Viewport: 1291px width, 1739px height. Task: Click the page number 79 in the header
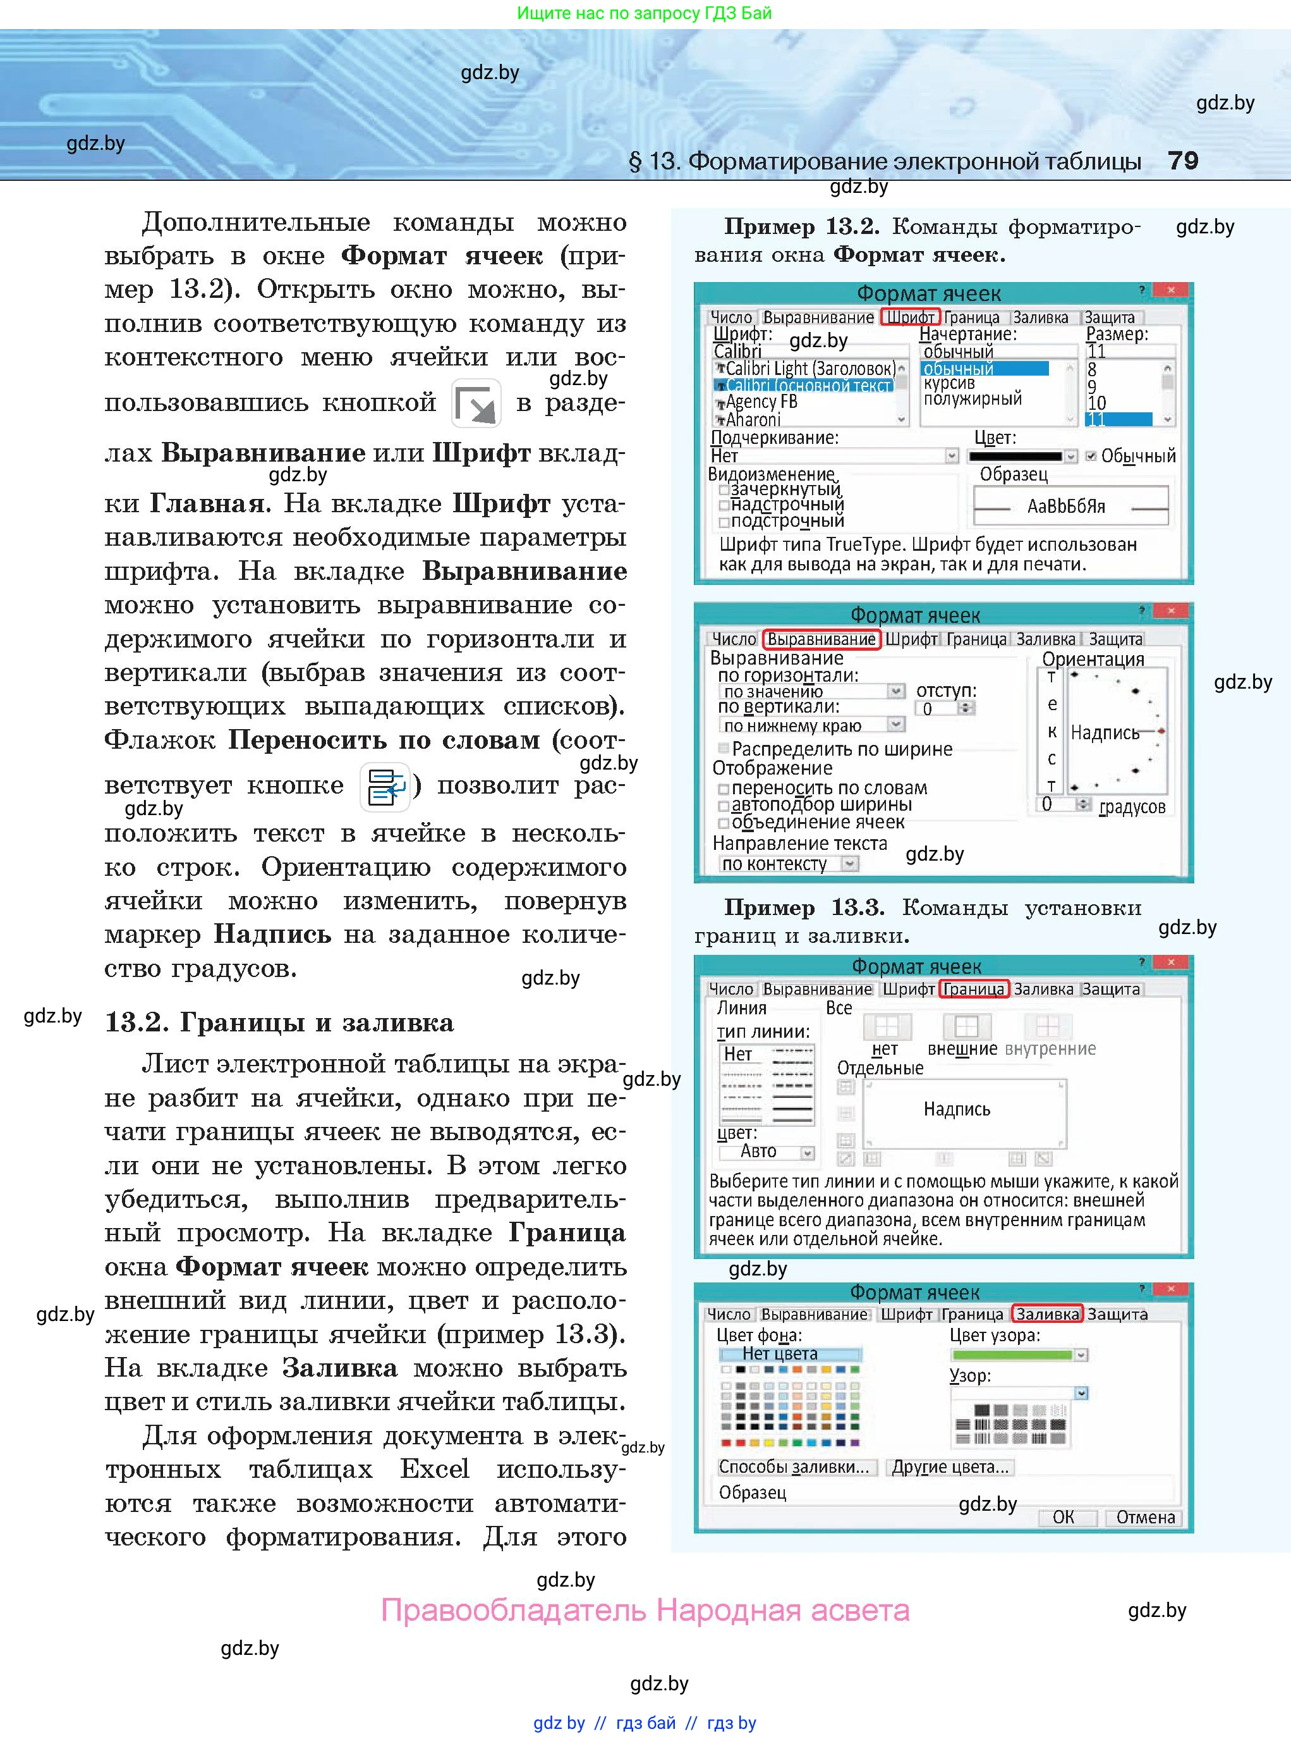[1182, 161]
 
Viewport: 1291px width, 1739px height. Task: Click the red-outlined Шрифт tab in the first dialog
[909, 317]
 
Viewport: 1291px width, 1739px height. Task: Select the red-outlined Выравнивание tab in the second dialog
[821, 639]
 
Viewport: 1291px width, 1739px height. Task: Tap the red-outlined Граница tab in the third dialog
[973, 989]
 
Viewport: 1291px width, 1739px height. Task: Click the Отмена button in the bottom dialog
[1145, 1517]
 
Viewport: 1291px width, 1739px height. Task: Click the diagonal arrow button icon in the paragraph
[476, 403]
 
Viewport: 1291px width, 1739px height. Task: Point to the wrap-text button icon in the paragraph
[386, 787]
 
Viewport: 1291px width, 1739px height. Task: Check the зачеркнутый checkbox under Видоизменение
[724, 490]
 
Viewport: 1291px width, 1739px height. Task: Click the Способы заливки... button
[794, 1467]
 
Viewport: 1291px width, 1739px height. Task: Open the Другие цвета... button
[950, 1467]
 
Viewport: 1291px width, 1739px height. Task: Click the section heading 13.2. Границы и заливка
[278, 1023]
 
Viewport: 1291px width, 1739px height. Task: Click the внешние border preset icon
[966, 1026]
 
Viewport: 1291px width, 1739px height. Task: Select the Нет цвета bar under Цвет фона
[789, 1353]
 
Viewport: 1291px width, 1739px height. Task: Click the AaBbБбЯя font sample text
[1066, 507]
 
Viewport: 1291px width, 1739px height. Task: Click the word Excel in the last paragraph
[435, 1468]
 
